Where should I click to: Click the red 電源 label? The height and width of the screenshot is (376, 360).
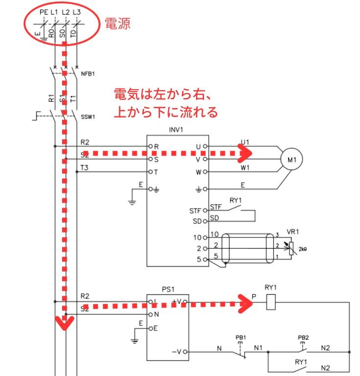(117, 23)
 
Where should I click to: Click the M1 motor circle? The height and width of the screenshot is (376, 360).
(292, 159)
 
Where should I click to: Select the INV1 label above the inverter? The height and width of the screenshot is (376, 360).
(177, 130)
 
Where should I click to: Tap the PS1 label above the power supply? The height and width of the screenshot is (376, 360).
(168, 289)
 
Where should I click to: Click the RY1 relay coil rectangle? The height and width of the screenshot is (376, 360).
(271, 303)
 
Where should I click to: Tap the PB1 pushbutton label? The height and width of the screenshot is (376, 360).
(240, 338)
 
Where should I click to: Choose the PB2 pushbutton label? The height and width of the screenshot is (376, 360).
(303, 338)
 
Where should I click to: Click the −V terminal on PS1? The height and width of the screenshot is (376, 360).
(177, 352)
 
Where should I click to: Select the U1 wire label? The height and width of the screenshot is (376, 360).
(245, 142)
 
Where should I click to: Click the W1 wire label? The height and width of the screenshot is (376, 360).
(245, 168)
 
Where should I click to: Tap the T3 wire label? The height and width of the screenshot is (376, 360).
(85, 167)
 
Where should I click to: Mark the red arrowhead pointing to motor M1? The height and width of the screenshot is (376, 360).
(246, 153)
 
